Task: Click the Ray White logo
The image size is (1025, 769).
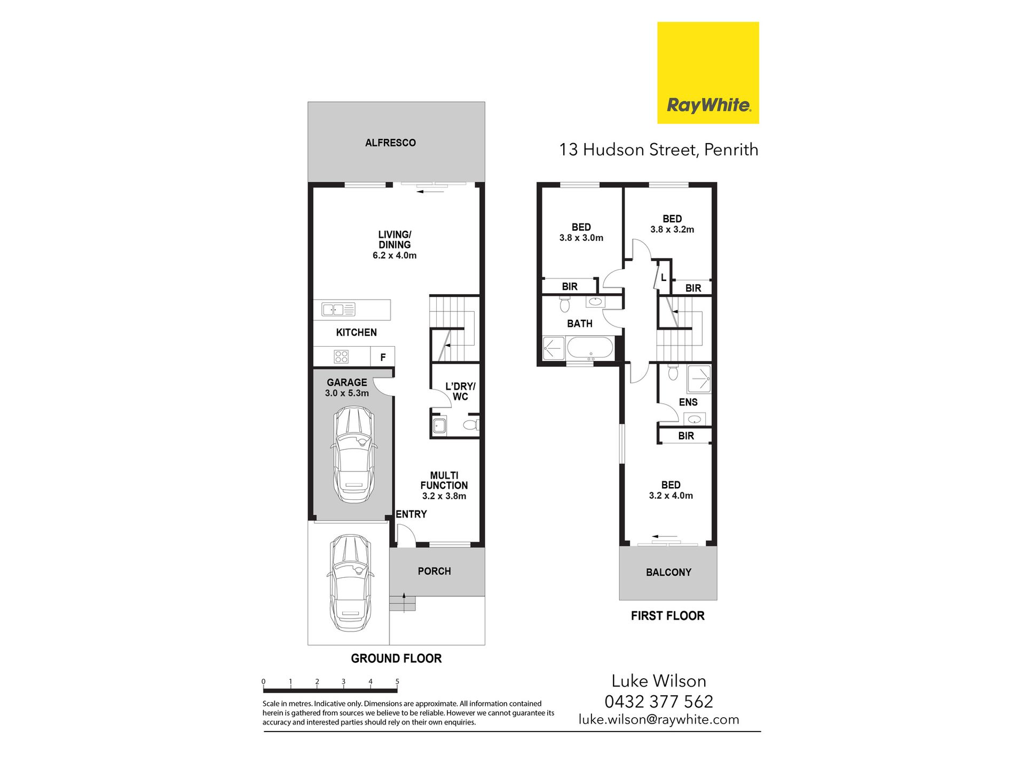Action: click(x=708, y=73)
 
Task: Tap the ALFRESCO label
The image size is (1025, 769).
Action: click(x=390, y=143)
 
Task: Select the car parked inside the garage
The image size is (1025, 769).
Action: click(x=353, y=454)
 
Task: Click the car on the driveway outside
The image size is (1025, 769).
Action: click(x=350, y=583)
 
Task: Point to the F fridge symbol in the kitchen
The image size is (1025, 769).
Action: click(x=383, y=357)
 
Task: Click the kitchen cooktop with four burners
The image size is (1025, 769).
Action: click(x=341, y=356)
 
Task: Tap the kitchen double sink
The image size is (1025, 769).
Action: click(x=338, y=309)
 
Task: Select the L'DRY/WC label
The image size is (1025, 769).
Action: click(x=460, y=391)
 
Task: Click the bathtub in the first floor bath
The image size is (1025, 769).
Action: click(x=590, y=347)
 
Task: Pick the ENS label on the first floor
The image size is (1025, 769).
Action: click(x=688, y=402)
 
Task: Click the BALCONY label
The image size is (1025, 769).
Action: click(x=668, y=572)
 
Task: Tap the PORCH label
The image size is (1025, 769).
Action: click(x=434, y=571)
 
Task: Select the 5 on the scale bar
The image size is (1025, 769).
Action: click(x=397, y=681)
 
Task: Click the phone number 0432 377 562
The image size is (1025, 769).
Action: click(x=659, y=701)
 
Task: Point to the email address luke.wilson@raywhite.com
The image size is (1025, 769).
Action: click(x=659, y=719)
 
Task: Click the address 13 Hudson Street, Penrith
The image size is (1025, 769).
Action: click(x=659, y=150)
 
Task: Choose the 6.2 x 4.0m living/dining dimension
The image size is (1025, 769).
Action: click(x=395, y=255)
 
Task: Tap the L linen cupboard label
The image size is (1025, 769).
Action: click(x=664, y=278)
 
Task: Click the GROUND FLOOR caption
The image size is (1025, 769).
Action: click(x=396, y=658)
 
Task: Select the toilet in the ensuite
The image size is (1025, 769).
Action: click(x=673, y=372)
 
